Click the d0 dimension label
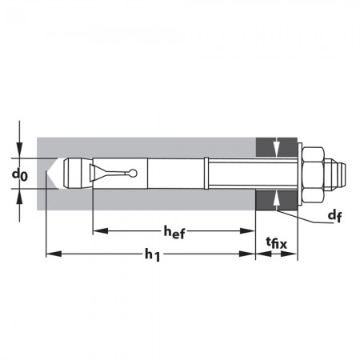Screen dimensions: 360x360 tap(20, 175)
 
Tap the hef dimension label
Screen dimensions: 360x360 tap(174, 232)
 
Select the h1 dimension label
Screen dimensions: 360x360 tap(153, 254)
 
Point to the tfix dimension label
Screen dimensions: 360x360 tap(277, 243)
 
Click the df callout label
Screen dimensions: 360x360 tap(334, 215)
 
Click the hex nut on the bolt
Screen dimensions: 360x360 tap(314, 174)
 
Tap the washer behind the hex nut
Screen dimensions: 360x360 tap(300, 174)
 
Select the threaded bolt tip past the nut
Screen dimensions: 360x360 tap(335, 174)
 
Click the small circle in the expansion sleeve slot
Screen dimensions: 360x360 tap(133, 174)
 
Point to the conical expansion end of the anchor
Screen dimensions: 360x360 tap(78, 174)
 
